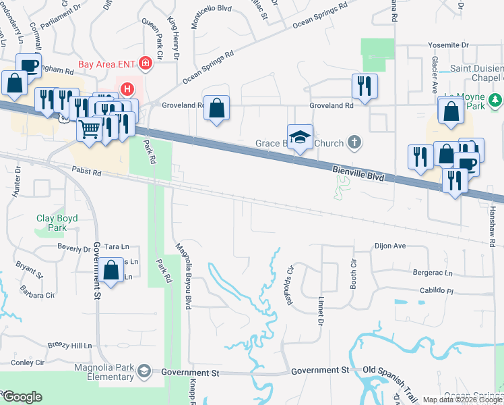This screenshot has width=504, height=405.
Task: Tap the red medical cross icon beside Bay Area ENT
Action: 145,64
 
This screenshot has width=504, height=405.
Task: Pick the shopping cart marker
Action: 89,128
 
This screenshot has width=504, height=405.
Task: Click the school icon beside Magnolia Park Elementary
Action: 144,371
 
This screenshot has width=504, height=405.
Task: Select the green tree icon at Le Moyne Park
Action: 495,101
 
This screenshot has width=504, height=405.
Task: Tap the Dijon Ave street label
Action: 390,246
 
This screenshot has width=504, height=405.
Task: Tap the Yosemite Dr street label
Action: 448,45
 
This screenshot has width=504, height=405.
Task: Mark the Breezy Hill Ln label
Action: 69,345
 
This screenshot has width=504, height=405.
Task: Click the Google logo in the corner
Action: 22,397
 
